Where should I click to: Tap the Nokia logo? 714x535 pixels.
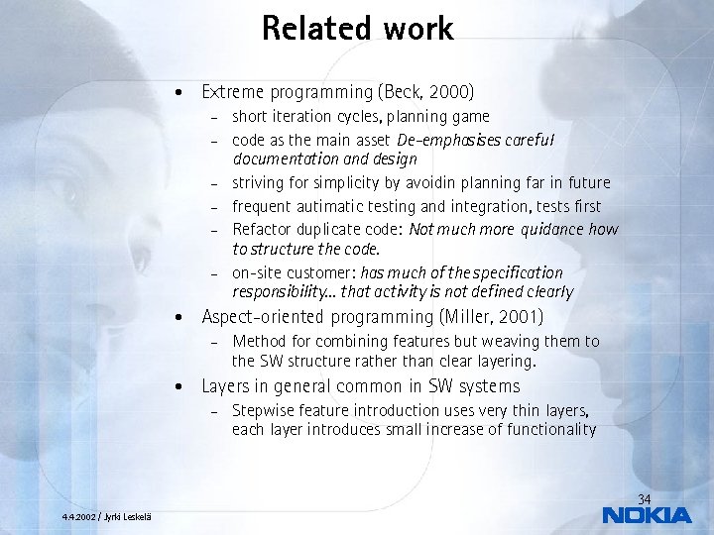point(647,514)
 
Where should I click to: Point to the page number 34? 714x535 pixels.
point(644,498)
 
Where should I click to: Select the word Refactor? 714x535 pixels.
point(260,229)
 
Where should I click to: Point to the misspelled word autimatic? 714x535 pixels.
point(330,206)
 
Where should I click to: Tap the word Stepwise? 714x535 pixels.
point(262,411)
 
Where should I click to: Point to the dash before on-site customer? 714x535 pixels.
point(213,273)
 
